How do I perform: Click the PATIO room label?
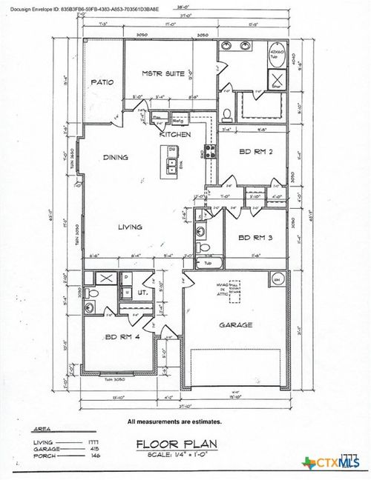tap(102, 82)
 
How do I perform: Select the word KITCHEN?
tap(176, 135)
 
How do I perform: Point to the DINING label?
tap(116, 157)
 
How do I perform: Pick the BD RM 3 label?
tap(253, 239)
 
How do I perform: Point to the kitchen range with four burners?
tap(209, 153)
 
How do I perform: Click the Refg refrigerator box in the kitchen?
tap(179, 119)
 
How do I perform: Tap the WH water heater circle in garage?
tap(276, 279)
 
